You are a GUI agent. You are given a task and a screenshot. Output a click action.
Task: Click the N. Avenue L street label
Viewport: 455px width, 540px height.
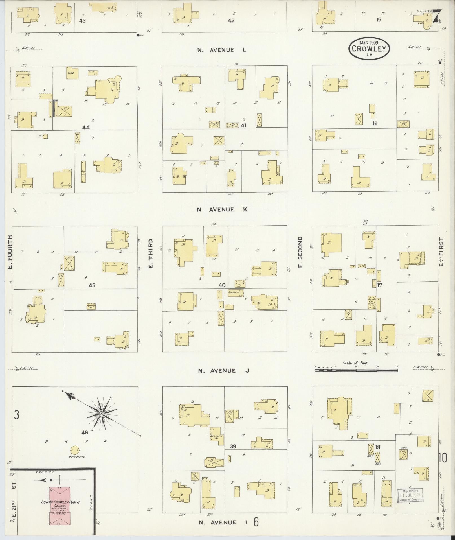click(222, 50)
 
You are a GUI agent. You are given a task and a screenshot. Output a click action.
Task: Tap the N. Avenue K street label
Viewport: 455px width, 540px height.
click(222, 209)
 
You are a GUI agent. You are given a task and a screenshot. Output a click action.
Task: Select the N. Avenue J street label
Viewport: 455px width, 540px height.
click(223, 371)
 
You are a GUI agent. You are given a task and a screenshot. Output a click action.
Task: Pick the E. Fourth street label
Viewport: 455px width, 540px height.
click(10, 252)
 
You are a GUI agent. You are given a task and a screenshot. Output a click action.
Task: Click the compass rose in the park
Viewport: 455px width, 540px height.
click(101, 414)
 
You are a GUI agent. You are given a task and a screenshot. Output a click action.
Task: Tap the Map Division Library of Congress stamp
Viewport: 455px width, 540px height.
click(410, 495)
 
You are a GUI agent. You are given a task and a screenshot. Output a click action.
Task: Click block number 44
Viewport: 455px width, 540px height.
click(86, 127)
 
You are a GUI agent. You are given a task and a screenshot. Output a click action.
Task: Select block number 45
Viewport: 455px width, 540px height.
click(91, 285)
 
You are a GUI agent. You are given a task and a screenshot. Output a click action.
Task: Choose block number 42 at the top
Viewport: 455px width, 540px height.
click(231, 20)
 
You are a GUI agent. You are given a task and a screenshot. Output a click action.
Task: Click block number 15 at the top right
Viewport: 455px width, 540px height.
click(378, 19)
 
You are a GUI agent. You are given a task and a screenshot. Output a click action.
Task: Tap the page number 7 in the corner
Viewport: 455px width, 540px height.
click(437, 16)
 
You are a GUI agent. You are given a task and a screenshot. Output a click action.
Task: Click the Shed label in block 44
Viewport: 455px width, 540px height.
click(71, 73)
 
